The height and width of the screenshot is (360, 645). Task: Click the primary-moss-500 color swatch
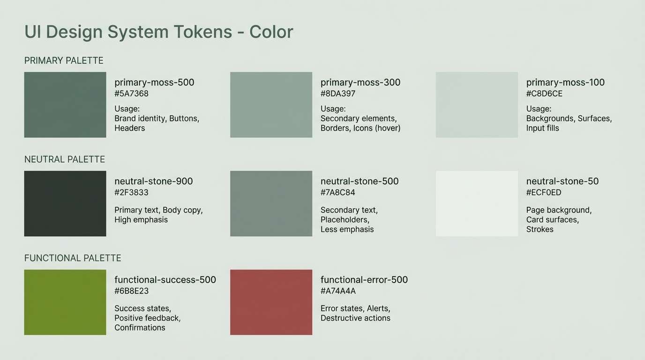click(65, 105)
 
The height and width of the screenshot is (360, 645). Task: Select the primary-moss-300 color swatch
click(271, 105)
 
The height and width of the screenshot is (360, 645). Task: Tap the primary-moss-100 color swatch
click(477, 105)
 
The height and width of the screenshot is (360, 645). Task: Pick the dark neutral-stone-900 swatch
click(65, 203)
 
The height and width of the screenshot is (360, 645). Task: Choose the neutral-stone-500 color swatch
click(271, 203)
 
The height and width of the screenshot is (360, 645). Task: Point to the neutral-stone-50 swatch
click(477, 203)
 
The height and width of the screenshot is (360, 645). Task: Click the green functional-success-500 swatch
click(65, 302)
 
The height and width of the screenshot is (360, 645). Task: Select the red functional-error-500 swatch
click(271, 302)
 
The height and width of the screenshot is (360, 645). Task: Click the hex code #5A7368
click(131, 94)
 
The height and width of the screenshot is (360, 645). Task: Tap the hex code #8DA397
click(337, 94)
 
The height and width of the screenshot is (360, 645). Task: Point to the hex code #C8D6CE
click(544, 94)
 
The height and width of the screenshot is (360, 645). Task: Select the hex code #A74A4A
click(338, 291)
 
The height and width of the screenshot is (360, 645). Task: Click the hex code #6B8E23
click(131, 291)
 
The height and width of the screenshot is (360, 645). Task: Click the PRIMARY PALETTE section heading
click(64, 60)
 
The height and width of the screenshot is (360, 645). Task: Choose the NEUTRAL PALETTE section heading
click(65, 159)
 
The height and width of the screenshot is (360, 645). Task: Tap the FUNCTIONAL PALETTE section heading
click(73, 258)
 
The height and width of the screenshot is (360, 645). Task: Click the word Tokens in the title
click(202, 32)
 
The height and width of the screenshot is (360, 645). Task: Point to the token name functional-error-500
click(364, 280)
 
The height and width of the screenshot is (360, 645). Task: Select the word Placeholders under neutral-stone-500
click(345, 219)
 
